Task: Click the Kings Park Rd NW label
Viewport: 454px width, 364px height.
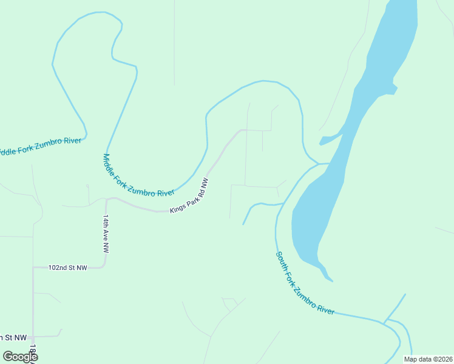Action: [x=189, y=195]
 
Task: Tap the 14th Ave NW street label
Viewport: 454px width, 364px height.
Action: [x=106, y=234]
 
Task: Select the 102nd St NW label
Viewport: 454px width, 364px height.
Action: [x=68, y=268]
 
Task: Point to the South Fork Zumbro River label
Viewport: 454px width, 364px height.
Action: [x=305, y=283]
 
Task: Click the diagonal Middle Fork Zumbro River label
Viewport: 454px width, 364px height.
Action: [x=138, y=176]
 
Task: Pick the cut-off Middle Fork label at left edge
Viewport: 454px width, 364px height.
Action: [x=40, y=146]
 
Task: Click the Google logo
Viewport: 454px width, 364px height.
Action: [x=20, y=356]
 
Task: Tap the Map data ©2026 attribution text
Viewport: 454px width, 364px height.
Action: [x=428, y=359]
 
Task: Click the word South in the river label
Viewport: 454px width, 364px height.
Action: [x=283, y=260]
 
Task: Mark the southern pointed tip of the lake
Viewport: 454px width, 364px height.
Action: [x=331, y=280]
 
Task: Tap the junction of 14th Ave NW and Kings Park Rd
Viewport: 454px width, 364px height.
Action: [x=107, y=199]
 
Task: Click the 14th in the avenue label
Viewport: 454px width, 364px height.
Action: [x=106, y=221]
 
